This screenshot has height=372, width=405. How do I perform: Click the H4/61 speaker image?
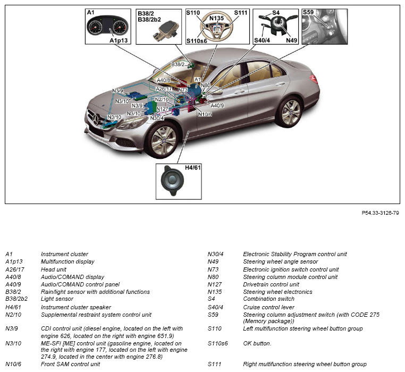click(x=172, y=180)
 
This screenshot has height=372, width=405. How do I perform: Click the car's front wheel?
click(x=163, y=139)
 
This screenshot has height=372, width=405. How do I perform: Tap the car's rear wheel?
click(x=290, y=112)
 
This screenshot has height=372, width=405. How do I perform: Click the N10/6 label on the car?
click(x=204, y=114)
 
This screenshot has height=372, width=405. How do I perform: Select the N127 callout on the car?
click(x=163, y=109)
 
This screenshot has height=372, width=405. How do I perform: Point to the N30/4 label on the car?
click(x=157, y=118)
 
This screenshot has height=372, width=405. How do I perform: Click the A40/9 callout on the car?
click(x=217, y=105)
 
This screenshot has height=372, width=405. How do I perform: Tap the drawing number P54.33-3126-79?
click(x=380, y=213)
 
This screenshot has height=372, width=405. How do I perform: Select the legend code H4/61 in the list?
click(x=13, y=307)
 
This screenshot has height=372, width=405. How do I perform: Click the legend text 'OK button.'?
click(x=257, y=343)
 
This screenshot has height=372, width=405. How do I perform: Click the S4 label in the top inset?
click(x=275, y=12)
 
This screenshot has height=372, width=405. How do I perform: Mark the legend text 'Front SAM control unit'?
click(x=70, y=364)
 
